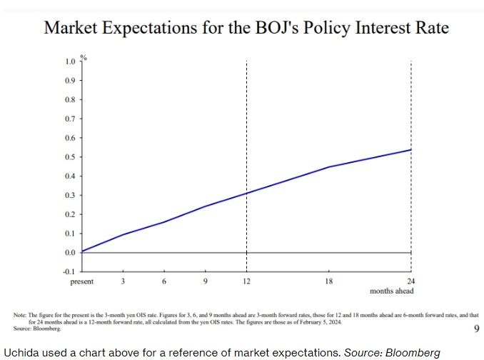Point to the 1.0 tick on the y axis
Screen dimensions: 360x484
pyautogui.click(x=70, y=61)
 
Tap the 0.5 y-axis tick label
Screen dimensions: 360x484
pyautogui.click(x=70, y=157)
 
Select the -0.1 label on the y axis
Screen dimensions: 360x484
pyautogui.click(x=69, y=271)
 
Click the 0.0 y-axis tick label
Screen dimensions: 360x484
pyautogui.click(x=70, y=253)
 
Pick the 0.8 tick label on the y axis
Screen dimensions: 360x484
pyautogui.click(x=70, y=100)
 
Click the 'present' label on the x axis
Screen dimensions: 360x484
pyautogui.click(x=81, y=282)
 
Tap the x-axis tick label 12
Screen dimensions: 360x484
pyautogui.click(x=246, y=282)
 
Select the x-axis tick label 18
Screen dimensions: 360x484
pyautogui.click(x=328, y=282)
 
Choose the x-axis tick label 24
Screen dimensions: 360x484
pyautogui.click(x=410, y=282)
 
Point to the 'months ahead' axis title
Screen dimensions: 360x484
pyautogui.click(x=392, y=291)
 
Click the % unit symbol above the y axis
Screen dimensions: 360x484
pyautogui.click(x=83, y=56)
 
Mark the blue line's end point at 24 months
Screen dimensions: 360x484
pyautogui.click(x=411, y=149)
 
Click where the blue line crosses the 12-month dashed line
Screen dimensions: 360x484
pyautogui.click(x=246, y=193)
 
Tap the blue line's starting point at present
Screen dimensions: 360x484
pyautogui.click(x=82, y=251)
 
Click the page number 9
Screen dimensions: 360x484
pyautogui.click(x=476, y=329)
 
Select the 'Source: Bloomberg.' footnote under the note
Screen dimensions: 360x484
pyautogui.click(x=36, y=329)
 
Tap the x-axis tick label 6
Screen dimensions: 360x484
pyautogui.click(x=164, y=282)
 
